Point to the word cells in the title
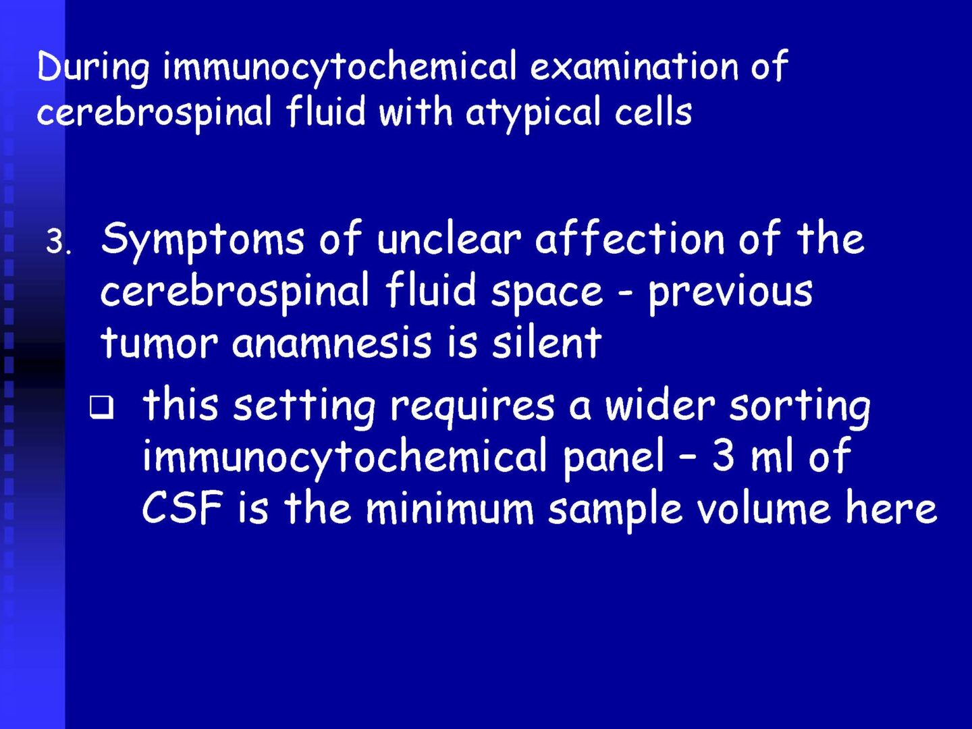tap(653, 110)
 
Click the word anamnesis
tap(331, 344)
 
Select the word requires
tap(472, 408)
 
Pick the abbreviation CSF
tap(182, 508)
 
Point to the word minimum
tap(450, 510)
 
